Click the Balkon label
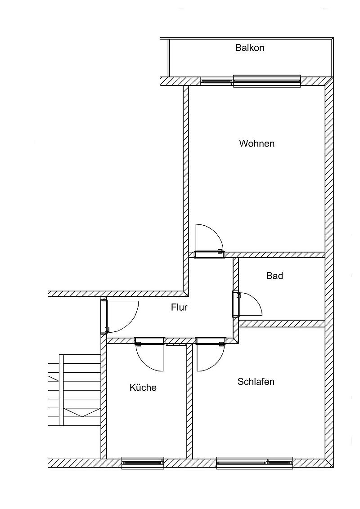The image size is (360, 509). (x=250, y=48)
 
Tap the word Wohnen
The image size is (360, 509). (x=256, y=143)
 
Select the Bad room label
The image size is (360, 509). (x=274, y=276)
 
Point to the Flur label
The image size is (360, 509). (x=180, y=307)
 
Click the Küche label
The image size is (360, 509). (x=143, y=387)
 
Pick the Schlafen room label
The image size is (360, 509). (x=256, y=381)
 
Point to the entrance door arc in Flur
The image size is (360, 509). (x=131, y=323)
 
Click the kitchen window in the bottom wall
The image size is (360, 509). (x=143, y=463)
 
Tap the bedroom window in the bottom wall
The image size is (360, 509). (x=254, y=463)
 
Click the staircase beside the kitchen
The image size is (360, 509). (x=74, y=389)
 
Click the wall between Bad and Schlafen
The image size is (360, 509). (x=282, y=324)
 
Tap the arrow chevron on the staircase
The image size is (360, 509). (x=82, y=413)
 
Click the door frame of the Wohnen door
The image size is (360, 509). (x=209, y=255)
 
